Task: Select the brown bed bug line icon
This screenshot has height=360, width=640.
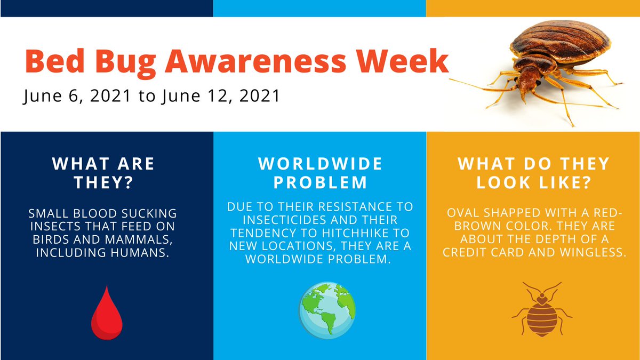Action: [x=542, y=309]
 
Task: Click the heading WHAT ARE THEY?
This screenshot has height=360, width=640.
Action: [x=103, y=172]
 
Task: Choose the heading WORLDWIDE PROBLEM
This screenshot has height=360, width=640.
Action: [x=320, y=172]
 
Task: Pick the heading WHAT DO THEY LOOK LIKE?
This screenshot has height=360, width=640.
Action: [x=533, y=172]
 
